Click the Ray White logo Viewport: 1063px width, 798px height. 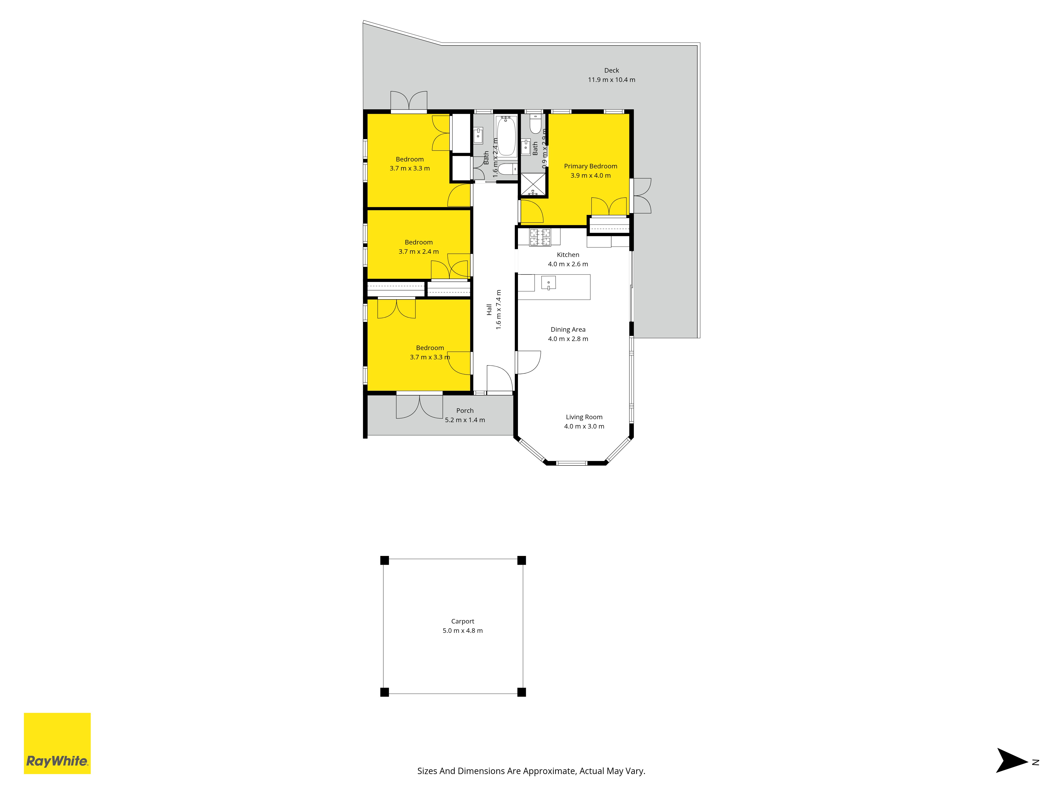coord(57,743)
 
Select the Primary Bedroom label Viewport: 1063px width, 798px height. coord(590,166)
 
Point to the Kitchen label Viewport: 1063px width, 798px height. coord(568,255)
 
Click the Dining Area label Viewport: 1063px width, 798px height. coord(568,330)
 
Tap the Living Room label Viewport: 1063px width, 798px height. coord(584,417)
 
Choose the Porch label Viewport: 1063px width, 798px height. coord(465,410)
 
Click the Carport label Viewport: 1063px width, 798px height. coord(462,621)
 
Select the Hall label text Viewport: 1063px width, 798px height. coord(489,310)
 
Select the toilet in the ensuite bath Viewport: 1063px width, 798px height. coord(535,124)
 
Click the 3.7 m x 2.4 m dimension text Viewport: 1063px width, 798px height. coord(419,252)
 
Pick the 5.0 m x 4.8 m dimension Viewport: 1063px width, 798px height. coord(462,631)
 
